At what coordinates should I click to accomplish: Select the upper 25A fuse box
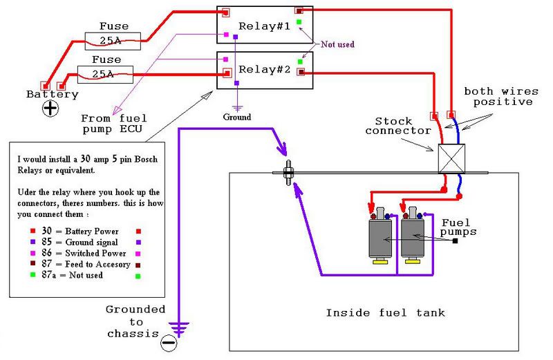click(113, 39)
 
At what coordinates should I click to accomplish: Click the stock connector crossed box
click(452, 158)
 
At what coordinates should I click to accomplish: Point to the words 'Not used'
click(337, 45)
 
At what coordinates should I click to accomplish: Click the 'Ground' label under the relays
click(237, 117)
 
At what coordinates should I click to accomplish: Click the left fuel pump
click(379, 236)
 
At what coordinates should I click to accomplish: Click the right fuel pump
click(413, 236)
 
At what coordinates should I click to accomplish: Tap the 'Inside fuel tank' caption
click(386, 313)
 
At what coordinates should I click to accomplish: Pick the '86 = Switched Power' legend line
click(75, 253)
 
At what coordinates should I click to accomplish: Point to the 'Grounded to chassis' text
click(135, 322)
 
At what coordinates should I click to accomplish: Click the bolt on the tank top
click(290, 173)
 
